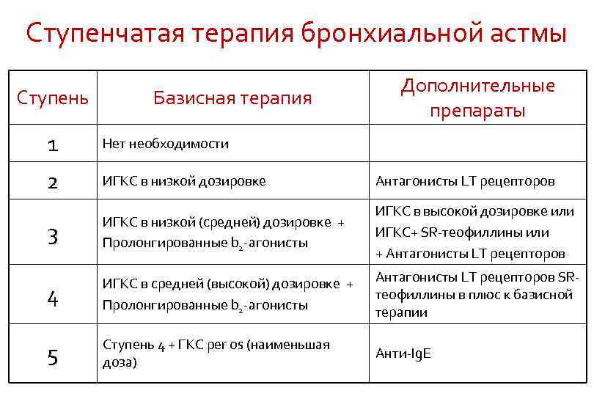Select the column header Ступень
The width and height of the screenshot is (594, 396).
click(53, 98)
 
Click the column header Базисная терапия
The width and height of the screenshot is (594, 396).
click(232, 98)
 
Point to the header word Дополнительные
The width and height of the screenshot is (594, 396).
click(477, 86)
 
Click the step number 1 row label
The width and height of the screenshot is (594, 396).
click(53, 144)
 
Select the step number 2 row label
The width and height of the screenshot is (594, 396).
click(53, 181)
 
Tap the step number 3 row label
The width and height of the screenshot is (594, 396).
click(53, 235)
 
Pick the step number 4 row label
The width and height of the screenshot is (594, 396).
click(53, 298)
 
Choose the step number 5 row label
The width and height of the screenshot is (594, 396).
click(53, 357)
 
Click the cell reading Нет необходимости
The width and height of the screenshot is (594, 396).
click(166, 144)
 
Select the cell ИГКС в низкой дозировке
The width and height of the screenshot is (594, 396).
click(184, 181)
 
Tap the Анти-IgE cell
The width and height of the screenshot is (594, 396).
click(403, 353)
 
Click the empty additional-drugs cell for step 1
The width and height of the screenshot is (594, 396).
click(477, 144)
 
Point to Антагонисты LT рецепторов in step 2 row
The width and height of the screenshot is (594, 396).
click(465, 181)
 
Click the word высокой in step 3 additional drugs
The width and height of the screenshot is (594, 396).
click(454, 211)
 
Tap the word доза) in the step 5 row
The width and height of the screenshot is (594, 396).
click(120, 362)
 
